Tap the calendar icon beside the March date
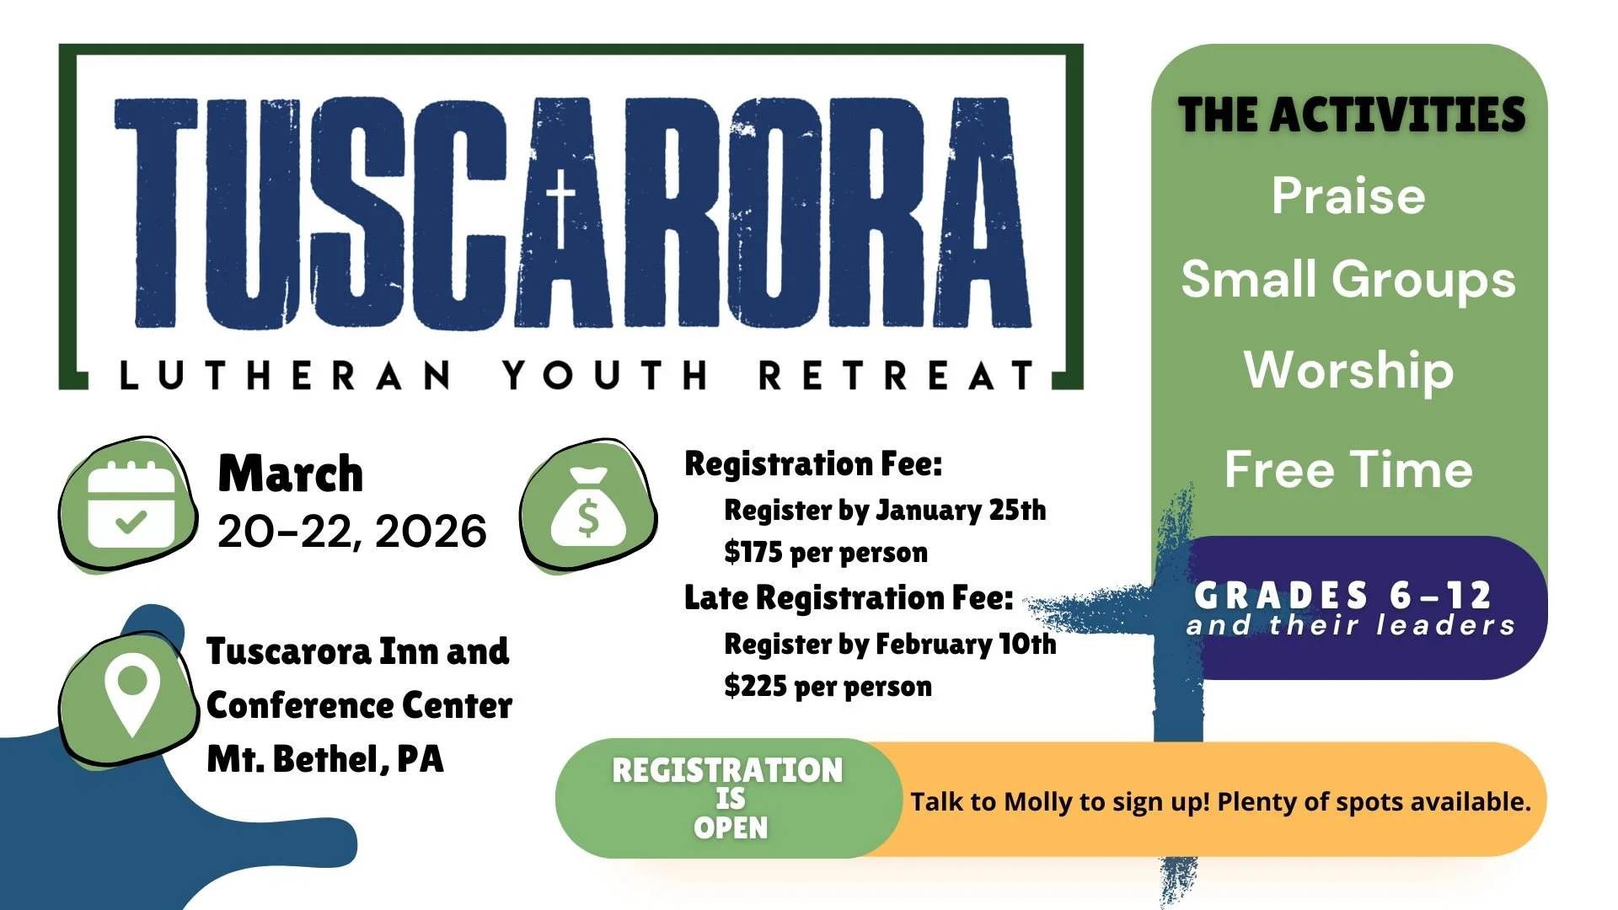point(131,506)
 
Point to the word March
point(291,474)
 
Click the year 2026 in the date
point(431,532)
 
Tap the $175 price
point(753,553)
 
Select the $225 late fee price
point(755,687)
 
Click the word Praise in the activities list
point(1348,196)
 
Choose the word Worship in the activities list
point(1348,371)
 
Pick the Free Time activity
point(1348,469)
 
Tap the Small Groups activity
point(1348,280)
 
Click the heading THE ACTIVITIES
point(1351,115)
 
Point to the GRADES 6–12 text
point(1343,596)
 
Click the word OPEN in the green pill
point(731,827)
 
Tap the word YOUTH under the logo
point(605,375)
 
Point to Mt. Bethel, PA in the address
point(325,759)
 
